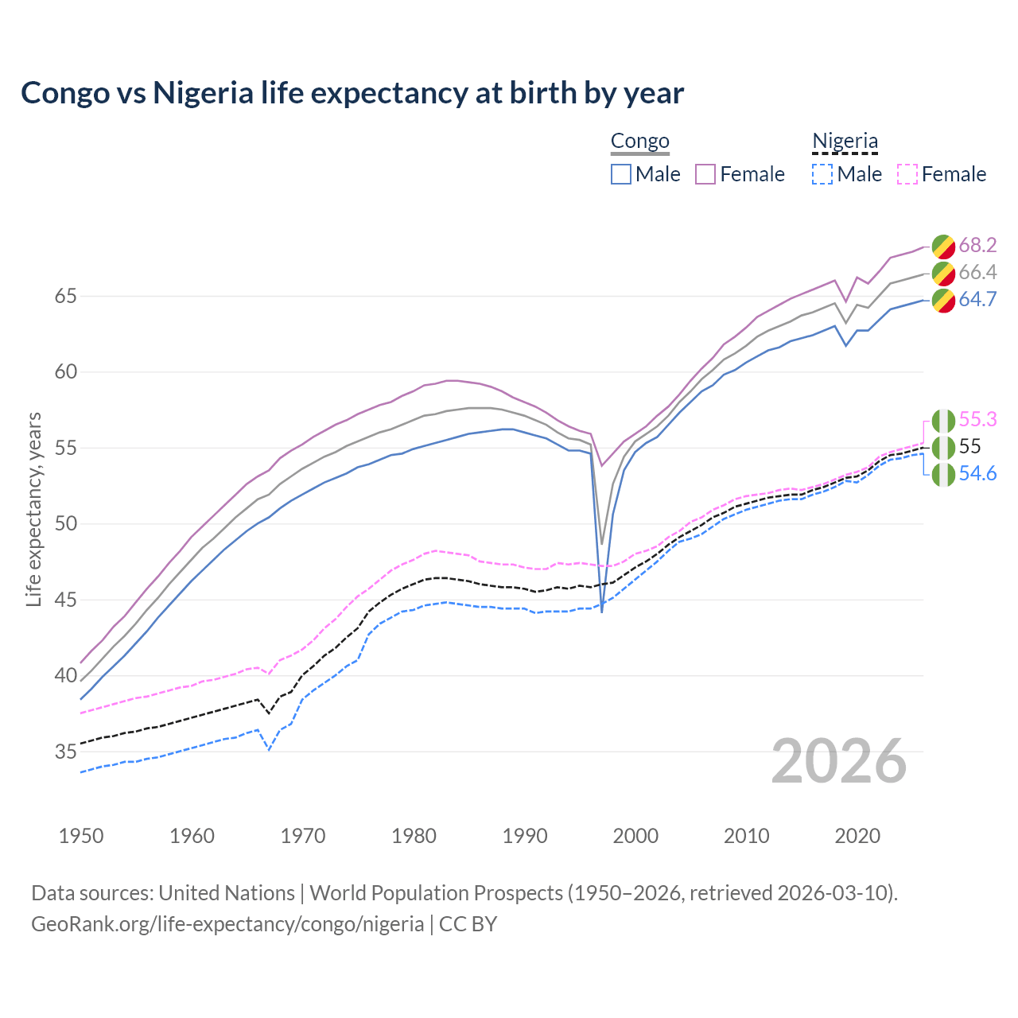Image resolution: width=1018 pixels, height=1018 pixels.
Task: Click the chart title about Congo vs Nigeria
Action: coord(352,93)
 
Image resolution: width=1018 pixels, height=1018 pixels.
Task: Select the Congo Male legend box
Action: coord(621,174)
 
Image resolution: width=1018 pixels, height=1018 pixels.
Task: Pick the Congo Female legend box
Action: coord(705,174)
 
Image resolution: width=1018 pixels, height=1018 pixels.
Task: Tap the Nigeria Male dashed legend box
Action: coord(822,174)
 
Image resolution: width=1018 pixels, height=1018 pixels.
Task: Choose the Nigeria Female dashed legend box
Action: coord(907,174)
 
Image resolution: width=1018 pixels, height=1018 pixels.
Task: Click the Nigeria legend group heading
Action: coord(845,142)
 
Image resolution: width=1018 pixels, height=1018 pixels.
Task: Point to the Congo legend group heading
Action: coord(640,142)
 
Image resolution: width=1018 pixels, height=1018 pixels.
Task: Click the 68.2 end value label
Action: coord(977,245)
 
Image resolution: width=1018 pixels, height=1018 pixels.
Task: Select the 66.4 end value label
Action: coord(977,272)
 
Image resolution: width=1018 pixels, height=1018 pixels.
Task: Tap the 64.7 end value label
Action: coord(977,299)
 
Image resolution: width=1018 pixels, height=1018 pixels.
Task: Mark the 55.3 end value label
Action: coord(977,419)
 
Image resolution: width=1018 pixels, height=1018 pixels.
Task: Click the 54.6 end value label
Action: coord(977,473)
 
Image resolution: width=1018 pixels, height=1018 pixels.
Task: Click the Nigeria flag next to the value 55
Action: coord(943,447)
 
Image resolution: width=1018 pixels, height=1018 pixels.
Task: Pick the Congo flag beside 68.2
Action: coord(943,246)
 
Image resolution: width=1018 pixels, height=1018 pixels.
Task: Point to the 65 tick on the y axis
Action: coord(66,296)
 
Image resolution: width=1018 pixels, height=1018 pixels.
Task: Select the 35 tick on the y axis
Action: coord(66,752)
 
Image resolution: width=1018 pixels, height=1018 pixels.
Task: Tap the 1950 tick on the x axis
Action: coord(81,836)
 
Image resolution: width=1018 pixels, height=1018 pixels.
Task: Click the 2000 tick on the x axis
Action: coord(635,836)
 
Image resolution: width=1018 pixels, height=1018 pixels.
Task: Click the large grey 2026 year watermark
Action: coord(839,761)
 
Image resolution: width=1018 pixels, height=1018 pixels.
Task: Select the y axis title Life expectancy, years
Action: coord(34,509)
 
